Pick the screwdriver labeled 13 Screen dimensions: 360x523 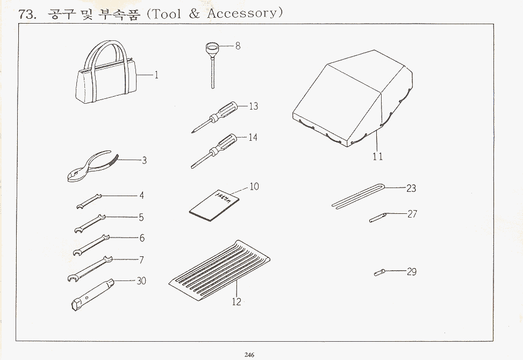pos(217,116)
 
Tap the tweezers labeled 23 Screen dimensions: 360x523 pos(358,196)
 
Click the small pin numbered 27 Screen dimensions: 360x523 pos(376,217)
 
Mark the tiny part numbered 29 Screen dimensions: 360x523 pos(379,273)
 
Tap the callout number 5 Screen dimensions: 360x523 pos(141,218)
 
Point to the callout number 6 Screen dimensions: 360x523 pos(142,238)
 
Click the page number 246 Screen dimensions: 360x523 pos(248,354)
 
